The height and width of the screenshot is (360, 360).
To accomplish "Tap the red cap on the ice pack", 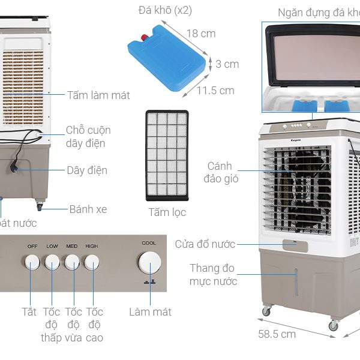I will pos(144,39).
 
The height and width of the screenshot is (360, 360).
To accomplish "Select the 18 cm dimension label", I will pos(200,34).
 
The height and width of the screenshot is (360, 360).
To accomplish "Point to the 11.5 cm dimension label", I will pos(216,91).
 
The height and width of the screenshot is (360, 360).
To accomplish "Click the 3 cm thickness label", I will pos(227,64).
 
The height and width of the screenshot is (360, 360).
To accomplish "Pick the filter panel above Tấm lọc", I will pos(167,155).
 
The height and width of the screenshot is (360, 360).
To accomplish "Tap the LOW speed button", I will pos(52,262).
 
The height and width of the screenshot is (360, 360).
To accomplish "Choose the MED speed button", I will pos(72,262).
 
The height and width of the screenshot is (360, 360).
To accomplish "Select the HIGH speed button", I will pos(92,262).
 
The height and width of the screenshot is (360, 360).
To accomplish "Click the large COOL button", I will pos(149,263).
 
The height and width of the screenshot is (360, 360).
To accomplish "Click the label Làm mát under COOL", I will pos(150,312).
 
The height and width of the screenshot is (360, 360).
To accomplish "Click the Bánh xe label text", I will pos(88,209).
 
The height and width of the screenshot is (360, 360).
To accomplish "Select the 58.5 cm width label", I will pos(277,334).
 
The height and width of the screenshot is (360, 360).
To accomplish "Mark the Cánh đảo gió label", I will pos(223,172).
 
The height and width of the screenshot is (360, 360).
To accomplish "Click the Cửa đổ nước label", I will pos(205,244).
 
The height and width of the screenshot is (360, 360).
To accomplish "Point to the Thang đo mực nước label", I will pos(213,275).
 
